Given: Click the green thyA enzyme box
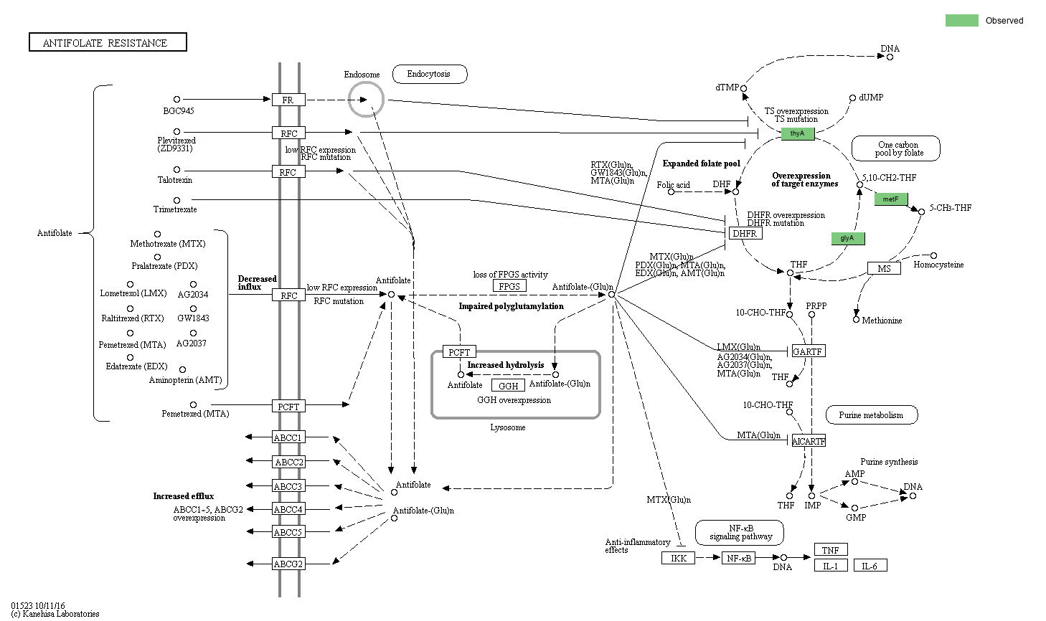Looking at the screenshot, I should [x=797, y=133].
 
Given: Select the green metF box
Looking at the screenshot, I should [x=890, y=199].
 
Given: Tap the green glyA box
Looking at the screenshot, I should [x=847, y=238].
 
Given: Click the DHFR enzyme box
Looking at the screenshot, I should [x=745, y=233].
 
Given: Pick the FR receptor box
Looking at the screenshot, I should [x=288, y=100].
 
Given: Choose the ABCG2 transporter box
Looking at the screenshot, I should [x=288, y=564].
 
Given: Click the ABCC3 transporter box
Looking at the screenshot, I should [x=288, y=486].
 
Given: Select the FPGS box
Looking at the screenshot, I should [x=509, y=286].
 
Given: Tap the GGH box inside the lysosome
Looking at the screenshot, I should [x=509, y=386].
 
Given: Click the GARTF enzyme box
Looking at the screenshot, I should [x=807, y=351].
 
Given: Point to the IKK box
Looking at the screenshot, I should [x=678, y=558].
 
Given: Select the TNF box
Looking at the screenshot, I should [x=830, y=550].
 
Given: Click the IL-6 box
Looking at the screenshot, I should [x=870, y=566].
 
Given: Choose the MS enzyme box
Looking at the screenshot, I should [x=884, y=268].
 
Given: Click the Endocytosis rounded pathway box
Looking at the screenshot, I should [x=429, y=74].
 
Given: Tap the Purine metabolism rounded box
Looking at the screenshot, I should [x=871, y=414].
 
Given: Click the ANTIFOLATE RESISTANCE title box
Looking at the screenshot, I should [x=108, y=42].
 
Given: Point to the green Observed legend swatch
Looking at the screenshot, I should [x=961, y=20].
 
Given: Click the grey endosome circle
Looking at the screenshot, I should [x=366, y=99].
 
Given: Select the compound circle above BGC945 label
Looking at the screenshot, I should [x=176, y=100].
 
